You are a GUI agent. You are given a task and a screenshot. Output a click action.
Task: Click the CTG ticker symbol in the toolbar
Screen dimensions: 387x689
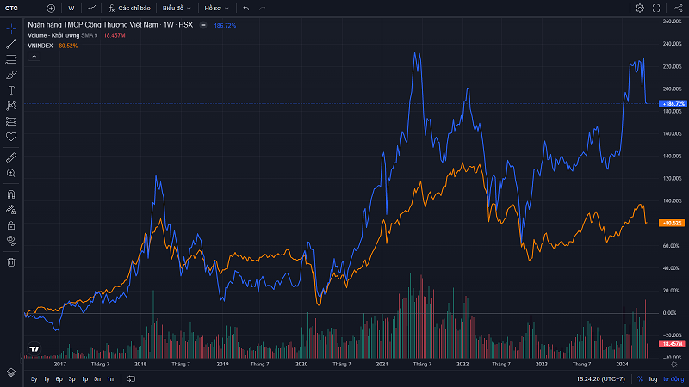12,8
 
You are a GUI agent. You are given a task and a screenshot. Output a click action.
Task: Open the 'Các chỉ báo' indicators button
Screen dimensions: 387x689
132,8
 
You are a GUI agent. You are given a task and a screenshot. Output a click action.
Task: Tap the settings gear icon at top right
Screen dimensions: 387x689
640,8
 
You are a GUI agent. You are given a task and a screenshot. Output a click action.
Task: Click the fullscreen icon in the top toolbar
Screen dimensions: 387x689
657,8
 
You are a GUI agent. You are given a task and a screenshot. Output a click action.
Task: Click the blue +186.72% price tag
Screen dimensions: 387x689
672,103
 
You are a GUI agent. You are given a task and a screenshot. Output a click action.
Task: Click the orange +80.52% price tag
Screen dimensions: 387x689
672,223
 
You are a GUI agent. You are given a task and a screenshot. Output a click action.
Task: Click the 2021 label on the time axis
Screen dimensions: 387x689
382,365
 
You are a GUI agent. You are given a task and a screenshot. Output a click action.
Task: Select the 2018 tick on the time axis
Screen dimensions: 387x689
140,365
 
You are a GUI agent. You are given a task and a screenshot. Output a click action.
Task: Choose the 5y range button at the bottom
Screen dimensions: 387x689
34,378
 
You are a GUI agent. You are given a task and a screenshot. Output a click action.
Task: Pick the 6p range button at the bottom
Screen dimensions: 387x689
59,378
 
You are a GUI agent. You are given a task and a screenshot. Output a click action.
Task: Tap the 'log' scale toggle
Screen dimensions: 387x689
654,378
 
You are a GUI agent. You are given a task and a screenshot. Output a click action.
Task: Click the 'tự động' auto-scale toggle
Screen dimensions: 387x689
673,378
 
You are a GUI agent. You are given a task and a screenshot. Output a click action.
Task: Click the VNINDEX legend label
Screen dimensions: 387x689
40,45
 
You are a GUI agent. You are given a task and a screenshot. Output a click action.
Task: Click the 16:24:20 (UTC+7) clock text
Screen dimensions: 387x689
600,378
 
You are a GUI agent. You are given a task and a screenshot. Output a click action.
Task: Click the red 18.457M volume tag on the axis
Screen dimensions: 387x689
672,343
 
